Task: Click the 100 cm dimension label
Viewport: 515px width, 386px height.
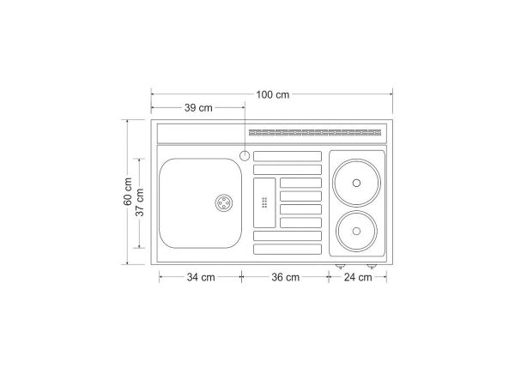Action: coord(273,95)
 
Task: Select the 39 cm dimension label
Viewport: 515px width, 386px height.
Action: coord(198,108)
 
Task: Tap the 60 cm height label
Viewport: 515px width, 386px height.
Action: coord(128,191)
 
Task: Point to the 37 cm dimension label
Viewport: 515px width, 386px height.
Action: coord(140,202)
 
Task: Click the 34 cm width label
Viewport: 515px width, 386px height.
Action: coord(201,277)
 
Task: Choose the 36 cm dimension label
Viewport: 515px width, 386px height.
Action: coord(286,277)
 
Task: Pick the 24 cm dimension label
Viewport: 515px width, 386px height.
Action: coord(358,277)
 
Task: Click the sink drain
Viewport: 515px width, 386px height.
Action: coord(224,202)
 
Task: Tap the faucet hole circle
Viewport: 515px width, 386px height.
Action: coord(245,155)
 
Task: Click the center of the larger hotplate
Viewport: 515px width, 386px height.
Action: coord(356,183)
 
